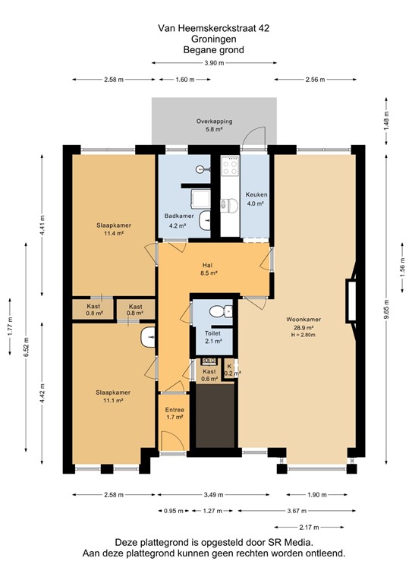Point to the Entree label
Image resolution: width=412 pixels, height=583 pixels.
click(175, 410)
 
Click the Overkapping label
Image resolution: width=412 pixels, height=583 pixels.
click(213, 121)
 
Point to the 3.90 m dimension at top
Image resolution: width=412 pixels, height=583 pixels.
click(213, 63)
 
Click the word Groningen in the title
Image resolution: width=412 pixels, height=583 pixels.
click(212, 39)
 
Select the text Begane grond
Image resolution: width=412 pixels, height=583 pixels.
click(212, 50)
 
